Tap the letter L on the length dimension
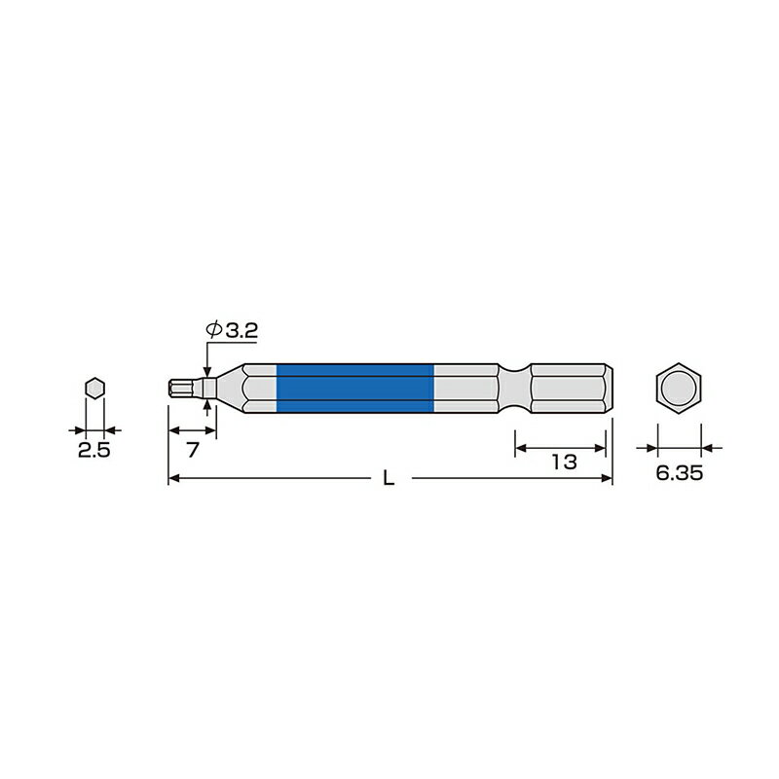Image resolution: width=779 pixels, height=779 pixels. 389,479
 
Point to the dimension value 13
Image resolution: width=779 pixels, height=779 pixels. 563,462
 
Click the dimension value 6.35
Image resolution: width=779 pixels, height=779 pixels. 678,472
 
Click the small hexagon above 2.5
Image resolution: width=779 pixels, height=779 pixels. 94,388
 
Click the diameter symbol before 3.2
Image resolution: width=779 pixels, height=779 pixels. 213,332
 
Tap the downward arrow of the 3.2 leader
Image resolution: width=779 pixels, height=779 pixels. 207,371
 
